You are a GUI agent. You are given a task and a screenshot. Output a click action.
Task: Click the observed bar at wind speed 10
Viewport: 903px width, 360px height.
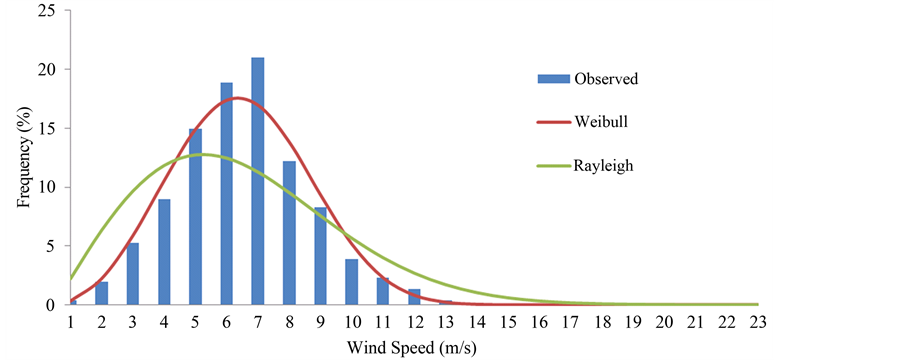point(351,282)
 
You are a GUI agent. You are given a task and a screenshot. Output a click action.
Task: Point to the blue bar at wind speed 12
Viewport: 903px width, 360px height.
point(414,297)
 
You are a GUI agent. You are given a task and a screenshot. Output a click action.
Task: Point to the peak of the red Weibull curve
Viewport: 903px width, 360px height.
point(237,98)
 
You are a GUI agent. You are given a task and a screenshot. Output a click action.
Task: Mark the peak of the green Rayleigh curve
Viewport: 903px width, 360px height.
point(205,155)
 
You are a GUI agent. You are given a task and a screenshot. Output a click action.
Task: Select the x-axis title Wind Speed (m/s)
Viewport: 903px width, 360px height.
point(414,347)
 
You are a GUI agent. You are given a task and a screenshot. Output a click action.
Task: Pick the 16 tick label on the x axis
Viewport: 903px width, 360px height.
point(539,323)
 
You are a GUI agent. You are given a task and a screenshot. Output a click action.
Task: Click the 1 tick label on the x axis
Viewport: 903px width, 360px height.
point(71,323)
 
